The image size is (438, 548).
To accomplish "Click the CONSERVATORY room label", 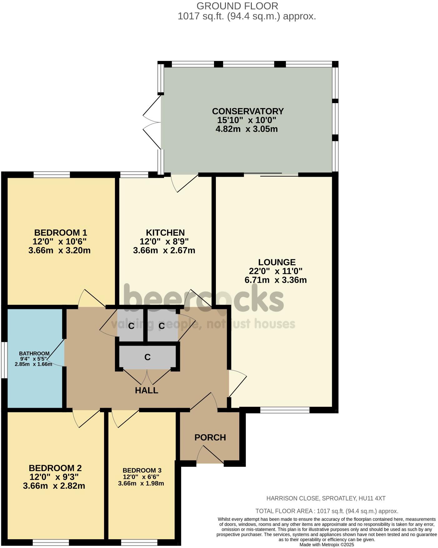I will click(247, 111).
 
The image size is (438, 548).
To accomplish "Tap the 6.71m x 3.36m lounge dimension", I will click(275, 280).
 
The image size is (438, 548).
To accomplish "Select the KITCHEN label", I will click(165, 232).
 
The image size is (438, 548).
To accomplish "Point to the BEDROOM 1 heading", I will click(61, 232).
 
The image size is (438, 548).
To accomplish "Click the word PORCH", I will click(210, 437).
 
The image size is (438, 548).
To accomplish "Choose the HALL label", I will click(147, 390).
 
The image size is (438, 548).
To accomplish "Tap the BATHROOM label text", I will click(34, 353).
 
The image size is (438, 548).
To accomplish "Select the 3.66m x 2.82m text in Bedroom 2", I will click(54, 486).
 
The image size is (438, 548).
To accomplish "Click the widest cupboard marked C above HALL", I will click(147, 357).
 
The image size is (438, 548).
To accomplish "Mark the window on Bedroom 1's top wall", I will click(52, 174).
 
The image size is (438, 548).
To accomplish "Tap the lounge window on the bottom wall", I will click(285, 410).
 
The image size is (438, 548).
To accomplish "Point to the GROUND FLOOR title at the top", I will click(237, 6).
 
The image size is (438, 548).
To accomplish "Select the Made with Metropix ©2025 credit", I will click(326, 544).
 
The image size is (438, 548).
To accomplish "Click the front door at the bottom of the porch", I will click(210, 463).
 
